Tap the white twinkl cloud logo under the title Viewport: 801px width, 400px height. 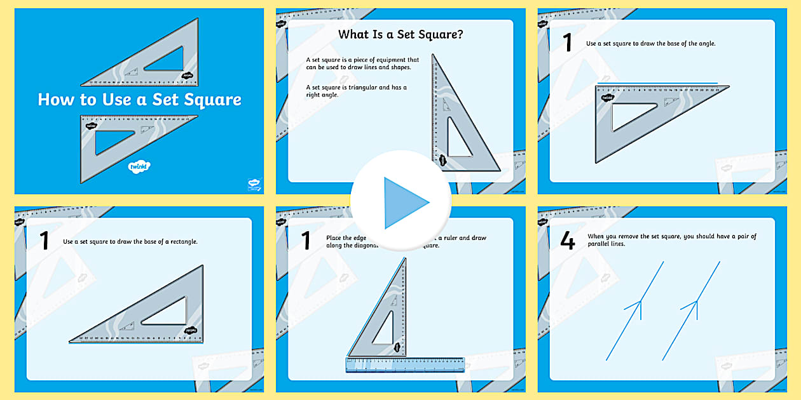(139, 167)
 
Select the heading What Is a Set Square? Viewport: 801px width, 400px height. (400, 35)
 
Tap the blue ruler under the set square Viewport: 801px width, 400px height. (405, 364)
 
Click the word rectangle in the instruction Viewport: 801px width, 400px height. (182, 242)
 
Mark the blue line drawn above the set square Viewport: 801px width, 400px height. (658, 83)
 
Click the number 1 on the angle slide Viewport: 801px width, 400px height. (567, 43)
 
